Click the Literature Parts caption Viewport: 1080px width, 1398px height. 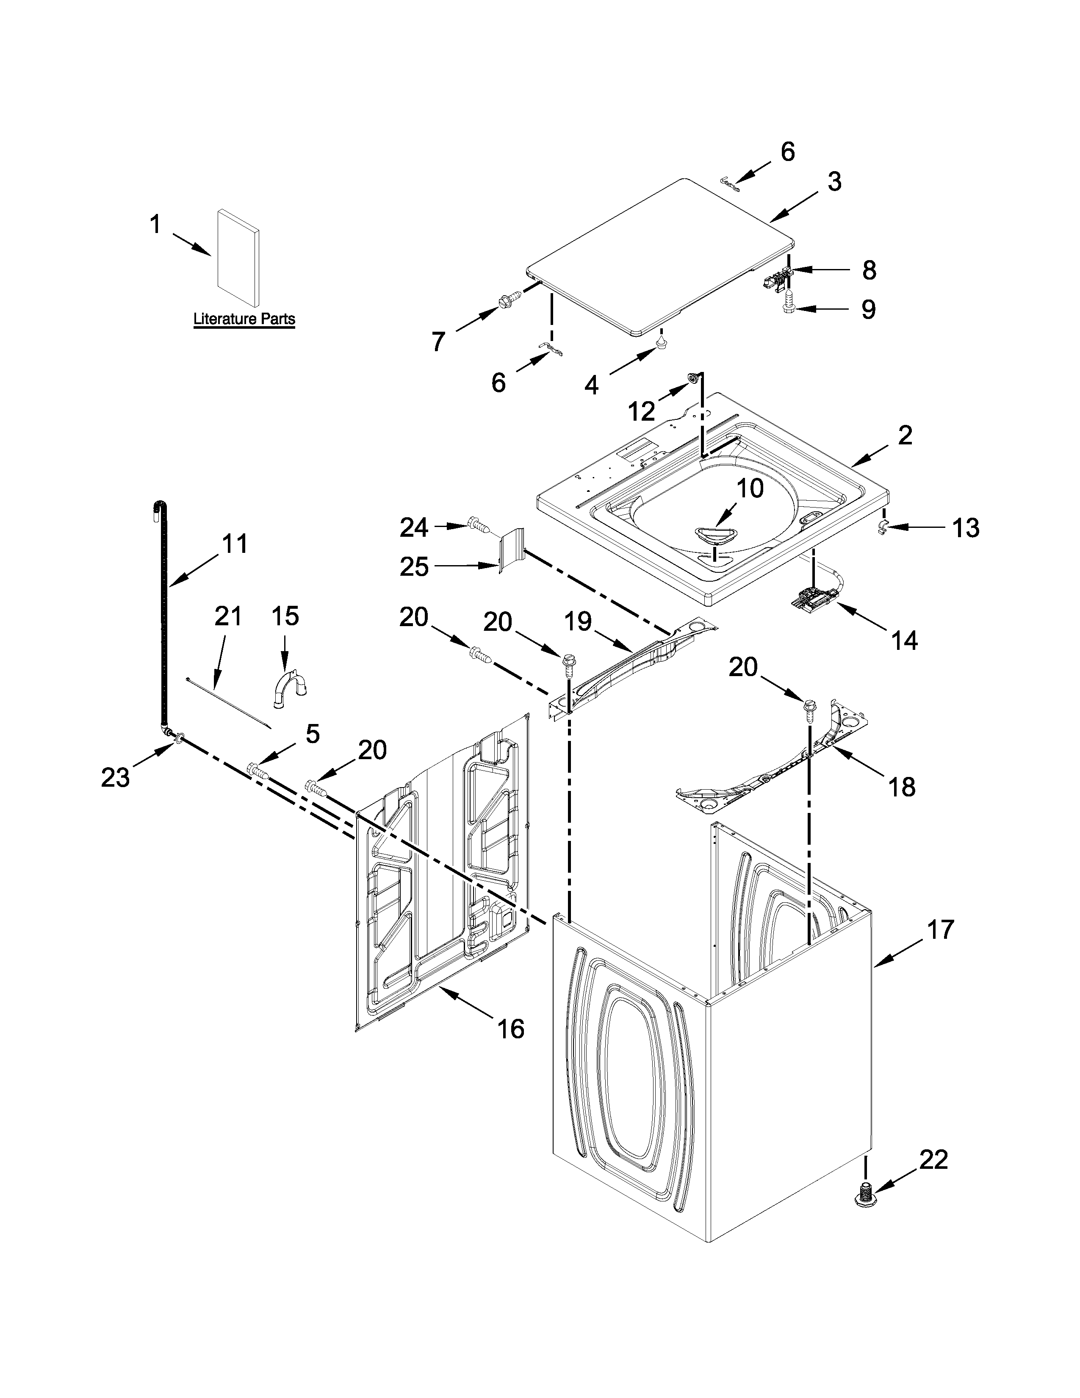(244, 318)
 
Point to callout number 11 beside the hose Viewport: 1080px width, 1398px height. (234, 544)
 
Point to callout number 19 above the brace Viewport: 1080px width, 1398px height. (578, 621)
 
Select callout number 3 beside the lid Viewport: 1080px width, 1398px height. (834, 181)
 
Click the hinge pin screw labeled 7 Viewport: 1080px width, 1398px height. (509, 299)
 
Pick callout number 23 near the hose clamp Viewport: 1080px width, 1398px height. (115, 777)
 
